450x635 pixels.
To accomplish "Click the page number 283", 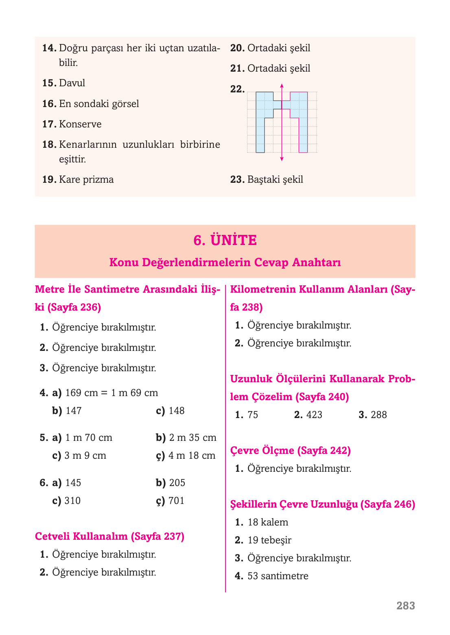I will tap(406, 606).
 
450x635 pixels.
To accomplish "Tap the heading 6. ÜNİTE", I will tap(225, 240).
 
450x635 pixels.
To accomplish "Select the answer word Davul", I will tap(72, 83).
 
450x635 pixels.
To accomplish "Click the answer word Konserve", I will tap(80, 124).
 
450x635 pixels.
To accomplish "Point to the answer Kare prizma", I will tap(86, 180).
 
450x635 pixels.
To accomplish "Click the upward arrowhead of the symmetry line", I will tap(282, 85).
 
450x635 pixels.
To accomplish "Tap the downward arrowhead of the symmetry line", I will tap(282, 159).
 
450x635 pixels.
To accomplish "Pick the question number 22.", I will tap(237, 89).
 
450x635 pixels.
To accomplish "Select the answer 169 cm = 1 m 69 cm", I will tap(111, 393).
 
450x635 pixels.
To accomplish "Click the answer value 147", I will tap(74, 411).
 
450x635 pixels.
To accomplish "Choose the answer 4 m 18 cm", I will tap(192, 455).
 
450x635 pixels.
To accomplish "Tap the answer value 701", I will tap(177, 501).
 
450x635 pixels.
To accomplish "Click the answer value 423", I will tap(314, 415).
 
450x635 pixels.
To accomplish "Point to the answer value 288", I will tap(379, 415).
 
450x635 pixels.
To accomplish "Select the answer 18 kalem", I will tap(268, 522).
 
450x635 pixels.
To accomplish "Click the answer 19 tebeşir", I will tap(269, 540).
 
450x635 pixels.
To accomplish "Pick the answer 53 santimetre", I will tap(278, 576).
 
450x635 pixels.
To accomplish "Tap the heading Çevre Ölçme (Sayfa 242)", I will tap(291, 451).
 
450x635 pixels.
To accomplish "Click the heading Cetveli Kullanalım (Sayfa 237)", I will tap(110, 536).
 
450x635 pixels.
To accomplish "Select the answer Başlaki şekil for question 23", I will tap(275, 180).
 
